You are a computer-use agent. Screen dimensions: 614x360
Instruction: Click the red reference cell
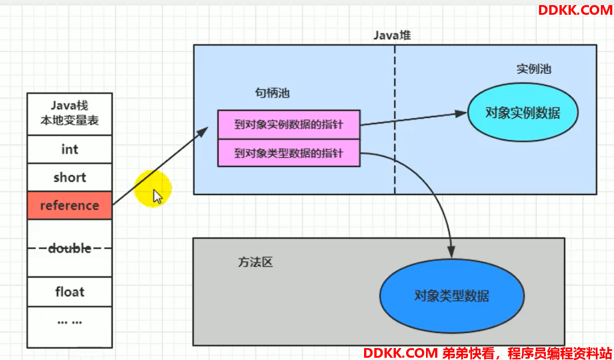coord(70,205)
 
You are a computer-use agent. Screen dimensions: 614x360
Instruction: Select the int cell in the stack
coord(70,149)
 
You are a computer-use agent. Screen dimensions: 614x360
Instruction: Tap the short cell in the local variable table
coord(70,177)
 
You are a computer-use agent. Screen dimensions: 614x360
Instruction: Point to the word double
coord(70,248)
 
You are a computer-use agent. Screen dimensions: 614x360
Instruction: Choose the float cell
coord(70,291)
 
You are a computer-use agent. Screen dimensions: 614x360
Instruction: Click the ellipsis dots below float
coord(70,323)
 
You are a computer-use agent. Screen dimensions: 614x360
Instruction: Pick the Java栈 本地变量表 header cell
coord(70,114)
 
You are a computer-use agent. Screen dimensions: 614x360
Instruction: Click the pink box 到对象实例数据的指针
coord(289,124)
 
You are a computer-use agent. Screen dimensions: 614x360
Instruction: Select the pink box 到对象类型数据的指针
coord(289,153)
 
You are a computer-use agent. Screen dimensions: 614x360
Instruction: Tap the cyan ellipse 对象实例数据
coord(523,112)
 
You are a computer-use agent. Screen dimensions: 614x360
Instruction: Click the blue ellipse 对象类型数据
coord(452,295)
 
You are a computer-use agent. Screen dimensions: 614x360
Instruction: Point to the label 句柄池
coord(272,93)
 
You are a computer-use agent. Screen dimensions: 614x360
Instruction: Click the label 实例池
coord(534,69)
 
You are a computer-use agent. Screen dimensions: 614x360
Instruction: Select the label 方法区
coord(255,262)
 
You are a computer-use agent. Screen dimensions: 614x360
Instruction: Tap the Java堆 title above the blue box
coord(392,36)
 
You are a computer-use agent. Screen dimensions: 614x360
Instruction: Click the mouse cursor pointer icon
coord(157,196)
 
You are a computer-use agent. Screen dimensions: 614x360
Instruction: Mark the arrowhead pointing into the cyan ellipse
coord(461,114)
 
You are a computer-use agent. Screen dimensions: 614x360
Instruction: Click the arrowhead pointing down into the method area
coord(452,252)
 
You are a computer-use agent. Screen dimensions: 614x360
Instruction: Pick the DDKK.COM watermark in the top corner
coord(575,10)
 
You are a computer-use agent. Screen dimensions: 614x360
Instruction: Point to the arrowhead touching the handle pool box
coord(203,132)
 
